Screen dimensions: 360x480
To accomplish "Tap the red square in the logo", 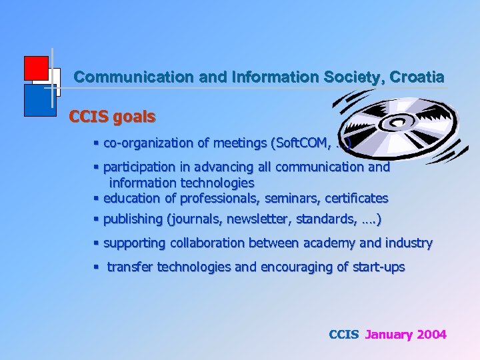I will (x=35, y=68).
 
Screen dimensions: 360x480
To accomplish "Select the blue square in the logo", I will (x=39, y=101).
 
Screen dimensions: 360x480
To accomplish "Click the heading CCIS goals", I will (x=112, y=117).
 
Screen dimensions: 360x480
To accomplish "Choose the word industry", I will (x=408, y=243).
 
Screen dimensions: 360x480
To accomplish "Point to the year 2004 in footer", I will (x=431, y=335).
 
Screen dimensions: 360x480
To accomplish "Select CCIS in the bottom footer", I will (x=344, y=335).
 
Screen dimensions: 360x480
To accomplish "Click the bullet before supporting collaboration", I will (x=97, y=243).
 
